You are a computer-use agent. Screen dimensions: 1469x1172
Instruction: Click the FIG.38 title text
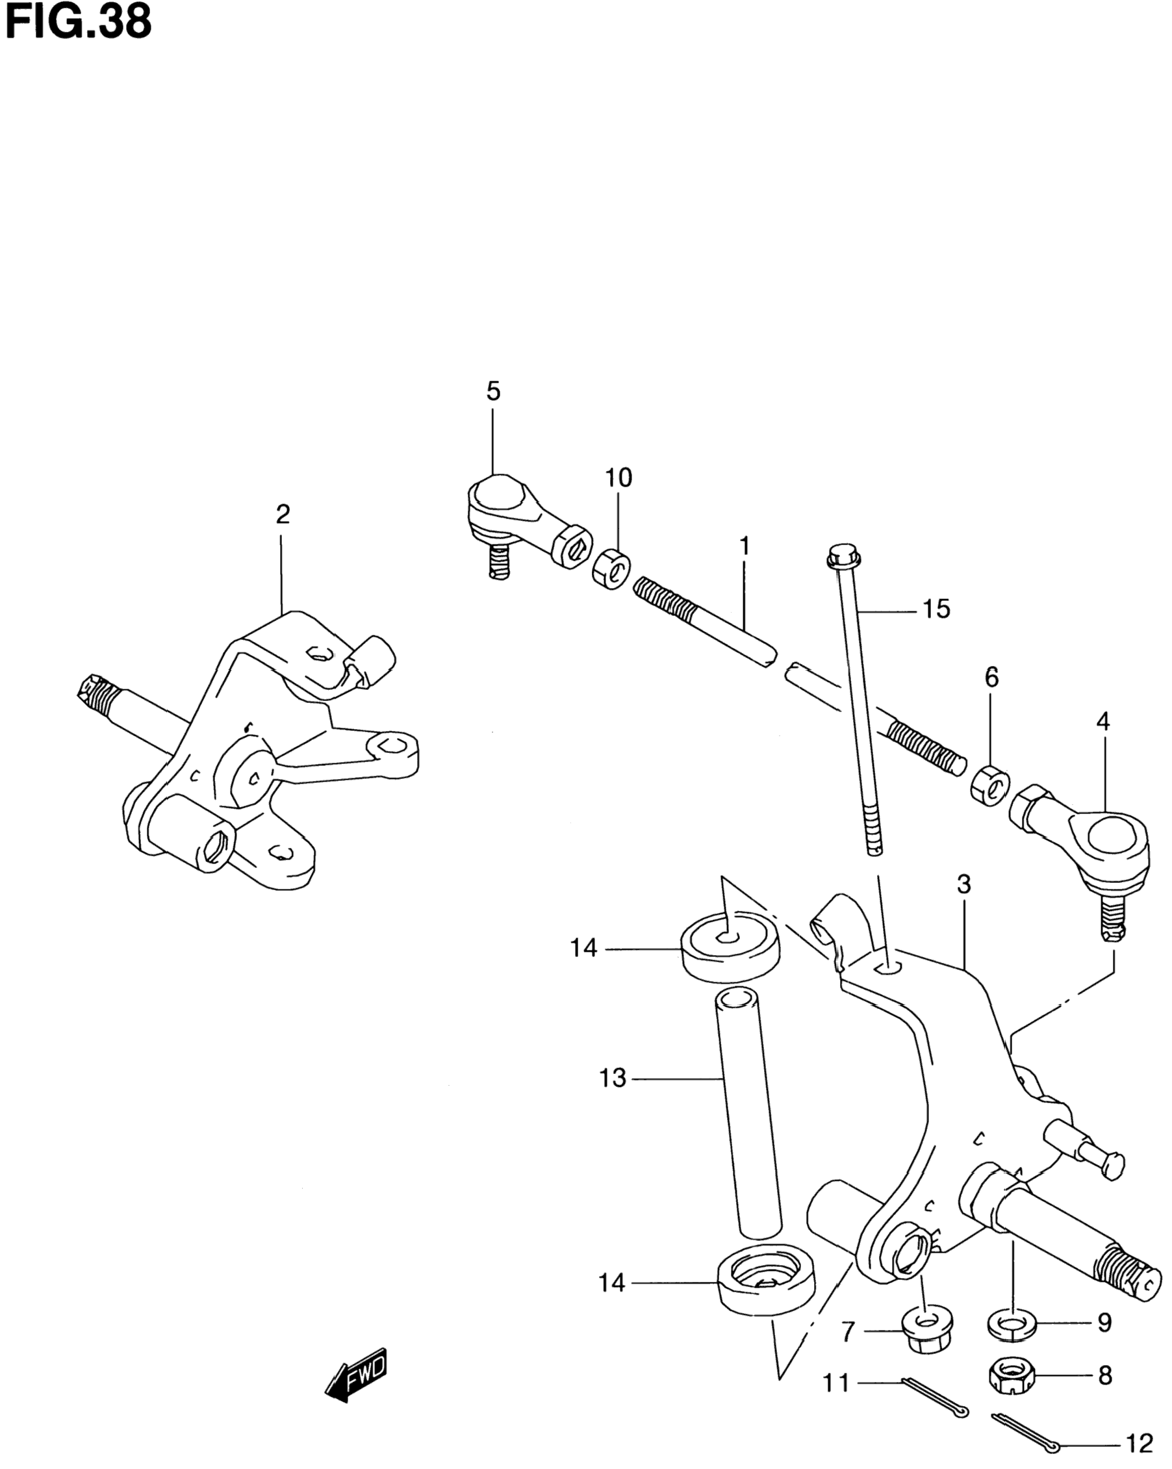79,22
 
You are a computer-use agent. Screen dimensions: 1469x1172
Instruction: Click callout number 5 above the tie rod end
493,391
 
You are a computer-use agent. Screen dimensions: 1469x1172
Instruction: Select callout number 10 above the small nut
618,478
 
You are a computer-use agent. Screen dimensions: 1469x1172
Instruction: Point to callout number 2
283,514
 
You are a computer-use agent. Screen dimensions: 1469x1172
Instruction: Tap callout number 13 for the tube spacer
612,1079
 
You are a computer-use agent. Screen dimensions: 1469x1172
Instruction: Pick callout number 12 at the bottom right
1139,1443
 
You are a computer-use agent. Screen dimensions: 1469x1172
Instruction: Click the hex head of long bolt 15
843,556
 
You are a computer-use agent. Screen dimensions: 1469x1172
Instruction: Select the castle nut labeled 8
1011,1376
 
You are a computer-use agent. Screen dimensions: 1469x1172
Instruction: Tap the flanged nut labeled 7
926,1330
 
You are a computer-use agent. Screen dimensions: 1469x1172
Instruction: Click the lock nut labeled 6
990,785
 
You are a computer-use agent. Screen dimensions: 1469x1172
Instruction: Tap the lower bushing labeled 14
766,1279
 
